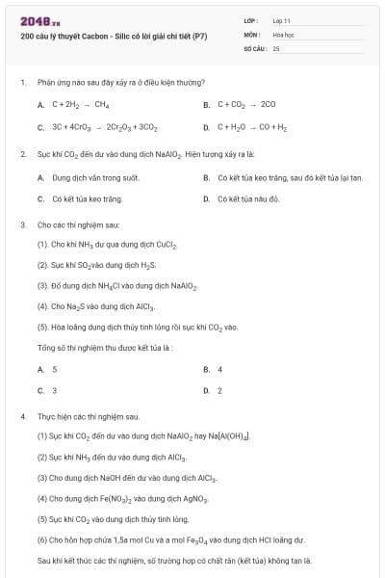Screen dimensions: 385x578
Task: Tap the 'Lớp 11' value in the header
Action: [281, 20]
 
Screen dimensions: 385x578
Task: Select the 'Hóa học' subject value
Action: [283, 34]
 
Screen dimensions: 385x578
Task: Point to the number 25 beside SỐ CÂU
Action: [276, 47]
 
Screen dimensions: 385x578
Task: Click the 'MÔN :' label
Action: [253, 34]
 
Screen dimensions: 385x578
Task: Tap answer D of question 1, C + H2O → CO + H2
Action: [252, 127]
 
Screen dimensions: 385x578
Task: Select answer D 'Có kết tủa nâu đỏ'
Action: [247, 199]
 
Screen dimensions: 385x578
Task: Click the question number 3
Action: [22, 224]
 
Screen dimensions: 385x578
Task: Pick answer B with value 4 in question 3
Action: [219, 369]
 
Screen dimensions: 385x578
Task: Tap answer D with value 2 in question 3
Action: [219, 391]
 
